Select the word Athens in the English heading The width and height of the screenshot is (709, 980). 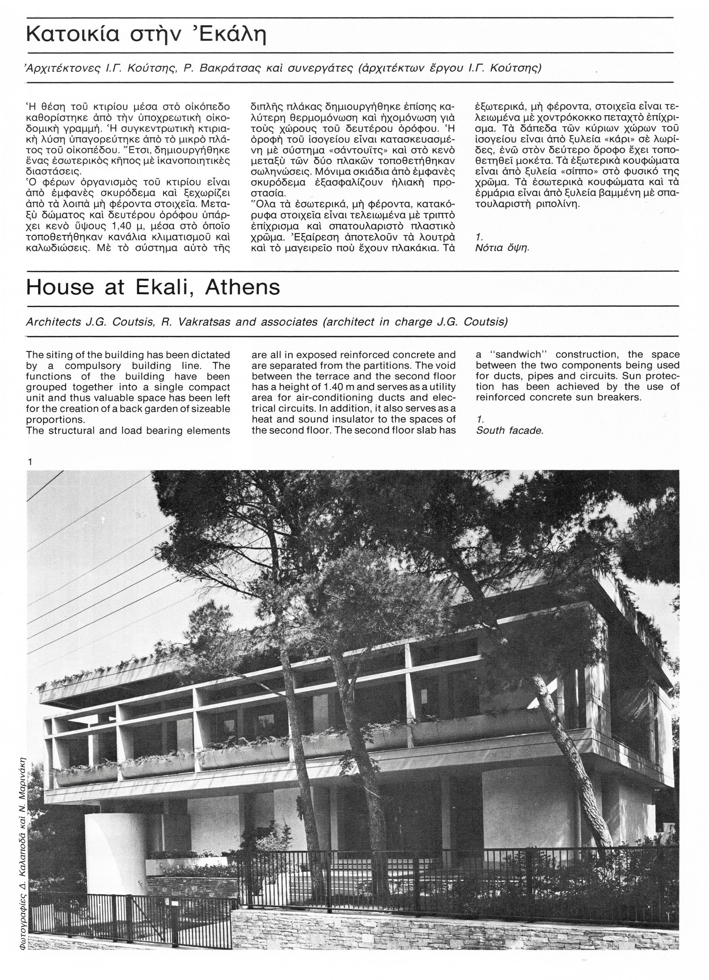(242, 287)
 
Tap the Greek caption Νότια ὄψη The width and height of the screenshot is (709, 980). (502, 248)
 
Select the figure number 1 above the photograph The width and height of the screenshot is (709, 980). (29, 462)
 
